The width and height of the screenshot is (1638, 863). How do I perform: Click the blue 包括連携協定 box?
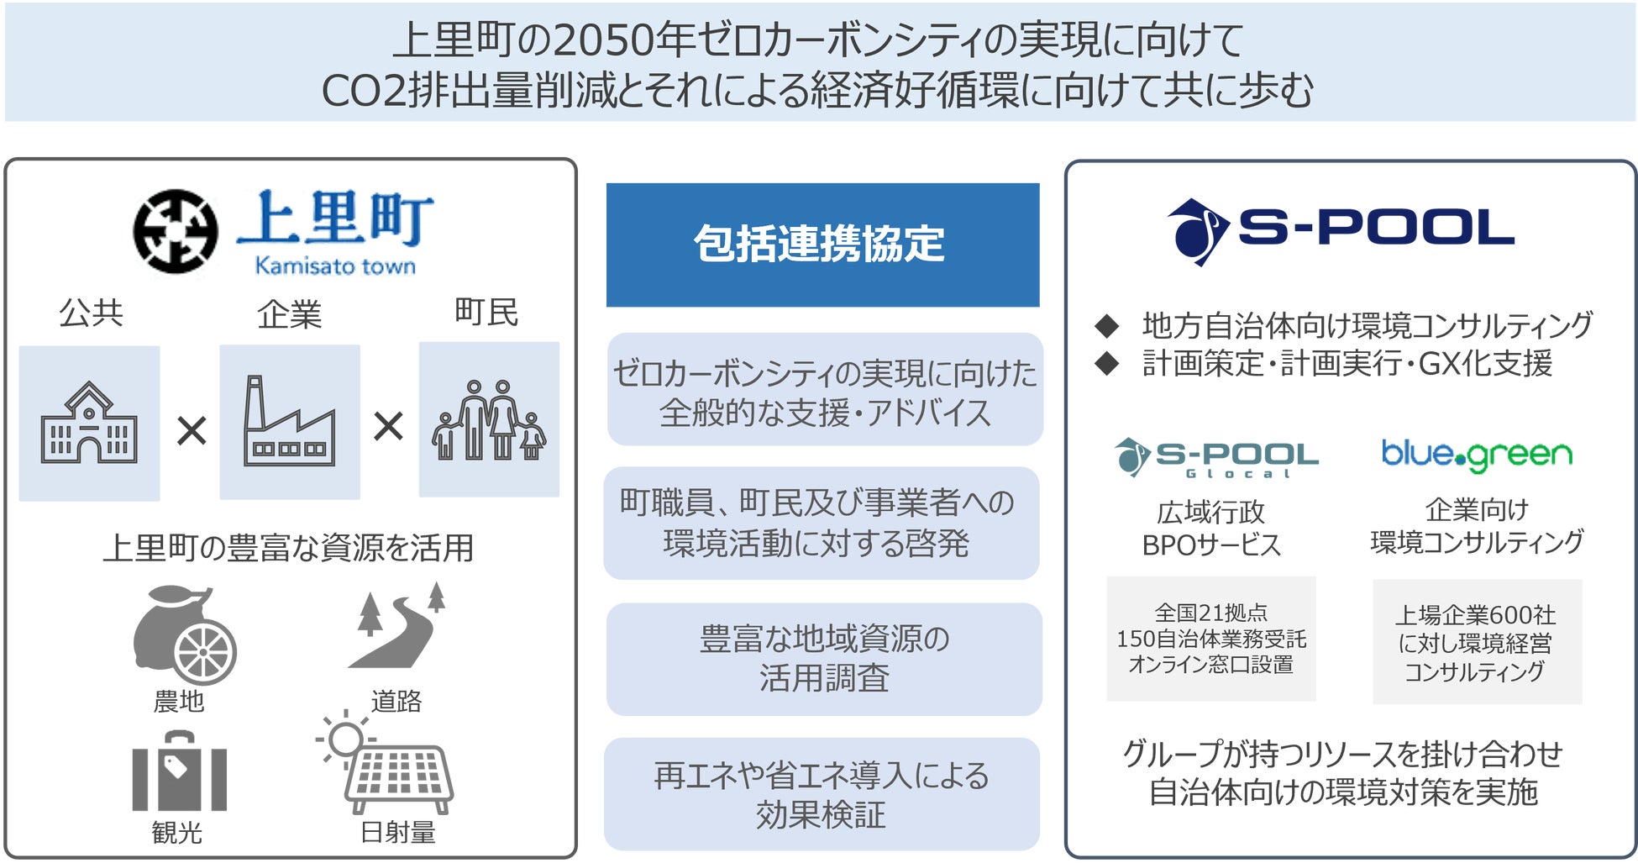(x=822, y=245)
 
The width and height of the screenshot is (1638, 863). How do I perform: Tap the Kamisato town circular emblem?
(x=176, y=232)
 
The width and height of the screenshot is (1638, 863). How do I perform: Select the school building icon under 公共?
(x=89, y=424)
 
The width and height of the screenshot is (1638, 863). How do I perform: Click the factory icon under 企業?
(x=289, y=422)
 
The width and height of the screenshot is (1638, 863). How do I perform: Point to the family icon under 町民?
(x=489, y=420)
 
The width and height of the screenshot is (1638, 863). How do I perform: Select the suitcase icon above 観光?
(x=179, y=771)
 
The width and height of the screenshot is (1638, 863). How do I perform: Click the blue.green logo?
(x=1477, y=455)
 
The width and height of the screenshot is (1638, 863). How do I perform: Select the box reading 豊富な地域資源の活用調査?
(x=824, y=659)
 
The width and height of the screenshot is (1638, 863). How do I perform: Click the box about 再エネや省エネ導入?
(x=822, y=794)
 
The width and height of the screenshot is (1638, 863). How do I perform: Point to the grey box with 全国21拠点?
(x=1210, y=639)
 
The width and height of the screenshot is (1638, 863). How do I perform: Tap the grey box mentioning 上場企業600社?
(x=1477, y=642)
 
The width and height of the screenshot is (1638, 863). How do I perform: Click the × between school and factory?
(x=192, y=431)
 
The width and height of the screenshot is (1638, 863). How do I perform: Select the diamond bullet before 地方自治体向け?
(x=1107, y=325)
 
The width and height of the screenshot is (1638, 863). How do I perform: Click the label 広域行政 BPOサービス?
(x=1210, y=529)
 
